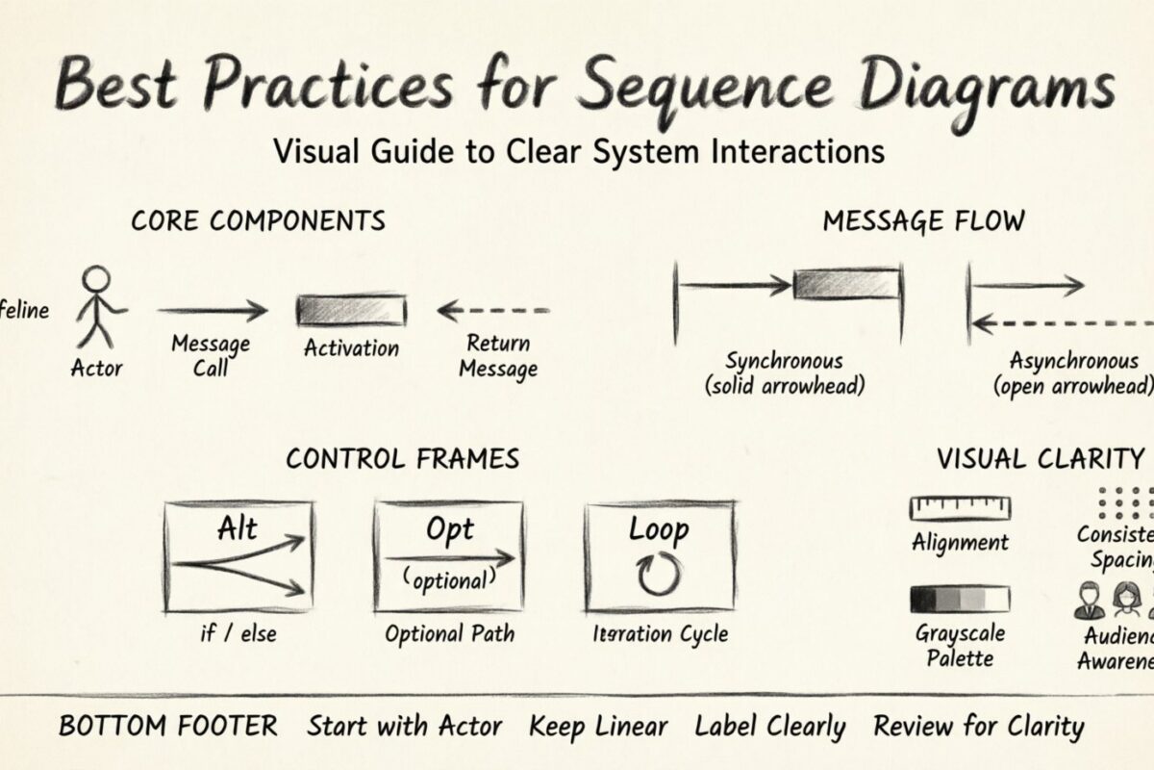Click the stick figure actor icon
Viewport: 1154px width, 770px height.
pos(97,308)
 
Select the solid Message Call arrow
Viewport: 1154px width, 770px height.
pos(213,310)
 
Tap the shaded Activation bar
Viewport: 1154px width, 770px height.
pos(351,311)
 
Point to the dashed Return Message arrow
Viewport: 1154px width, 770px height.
pos(493,311)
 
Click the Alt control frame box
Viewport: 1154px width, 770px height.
pos(238,555)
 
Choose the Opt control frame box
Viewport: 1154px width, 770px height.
pos(449,555)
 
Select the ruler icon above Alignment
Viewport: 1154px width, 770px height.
pos(960,508)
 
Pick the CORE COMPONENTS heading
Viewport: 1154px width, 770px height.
pos(258,220)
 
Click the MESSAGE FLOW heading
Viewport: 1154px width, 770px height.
pos(923,220)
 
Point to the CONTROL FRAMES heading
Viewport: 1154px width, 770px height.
pos(402,458)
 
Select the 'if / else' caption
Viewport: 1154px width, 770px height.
pos(238,633)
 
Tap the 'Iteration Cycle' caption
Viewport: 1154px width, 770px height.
pos(660,633)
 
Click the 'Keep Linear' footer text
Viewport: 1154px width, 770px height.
pos(597,727)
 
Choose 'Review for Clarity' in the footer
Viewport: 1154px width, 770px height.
pos(977,727)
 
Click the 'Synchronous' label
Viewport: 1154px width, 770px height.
pos(784,362)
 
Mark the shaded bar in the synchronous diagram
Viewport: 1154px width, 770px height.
pos(845,284)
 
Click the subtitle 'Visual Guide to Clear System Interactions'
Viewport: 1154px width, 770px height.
pos(578,151)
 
